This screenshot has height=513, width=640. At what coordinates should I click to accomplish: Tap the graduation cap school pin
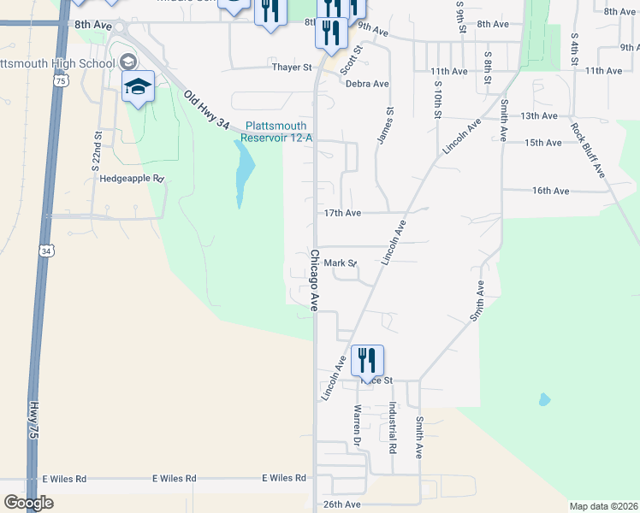(138, 86)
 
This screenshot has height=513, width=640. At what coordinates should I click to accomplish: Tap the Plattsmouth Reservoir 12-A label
(276, 132)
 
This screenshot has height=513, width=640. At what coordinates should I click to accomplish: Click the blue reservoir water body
(243, 171)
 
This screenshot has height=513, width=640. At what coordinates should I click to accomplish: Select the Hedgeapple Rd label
(131, 179)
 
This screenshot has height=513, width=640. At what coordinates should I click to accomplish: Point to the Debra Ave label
(367, 84)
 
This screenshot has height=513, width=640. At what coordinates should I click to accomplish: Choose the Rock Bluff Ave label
(587, 150)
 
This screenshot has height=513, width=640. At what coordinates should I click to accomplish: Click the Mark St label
(339, 264)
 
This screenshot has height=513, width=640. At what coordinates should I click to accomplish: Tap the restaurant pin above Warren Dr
(367, 359)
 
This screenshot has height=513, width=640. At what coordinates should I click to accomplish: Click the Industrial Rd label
(393, 427)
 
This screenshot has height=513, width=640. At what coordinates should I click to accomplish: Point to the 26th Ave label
(341, 504)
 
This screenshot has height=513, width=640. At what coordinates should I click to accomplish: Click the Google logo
(27, 503)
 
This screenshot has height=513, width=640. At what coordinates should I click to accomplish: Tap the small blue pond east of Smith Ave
(544, 399)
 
